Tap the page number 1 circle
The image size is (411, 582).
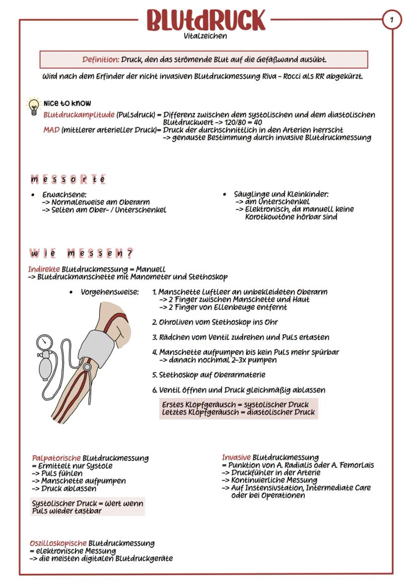click(392, 20)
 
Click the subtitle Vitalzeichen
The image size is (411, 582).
click(205, 36)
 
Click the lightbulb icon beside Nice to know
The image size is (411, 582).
click(33, 106)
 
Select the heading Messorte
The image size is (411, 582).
click(68, 179)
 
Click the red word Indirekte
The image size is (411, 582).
click(44, 269)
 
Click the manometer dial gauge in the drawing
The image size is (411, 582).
click(45, 342)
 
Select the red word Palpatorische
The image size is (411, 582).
click(56, 458)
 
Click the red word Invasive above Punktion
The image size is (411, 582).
click(236, 457)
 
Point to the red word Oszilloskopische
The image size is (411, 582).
click(58, 543)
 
